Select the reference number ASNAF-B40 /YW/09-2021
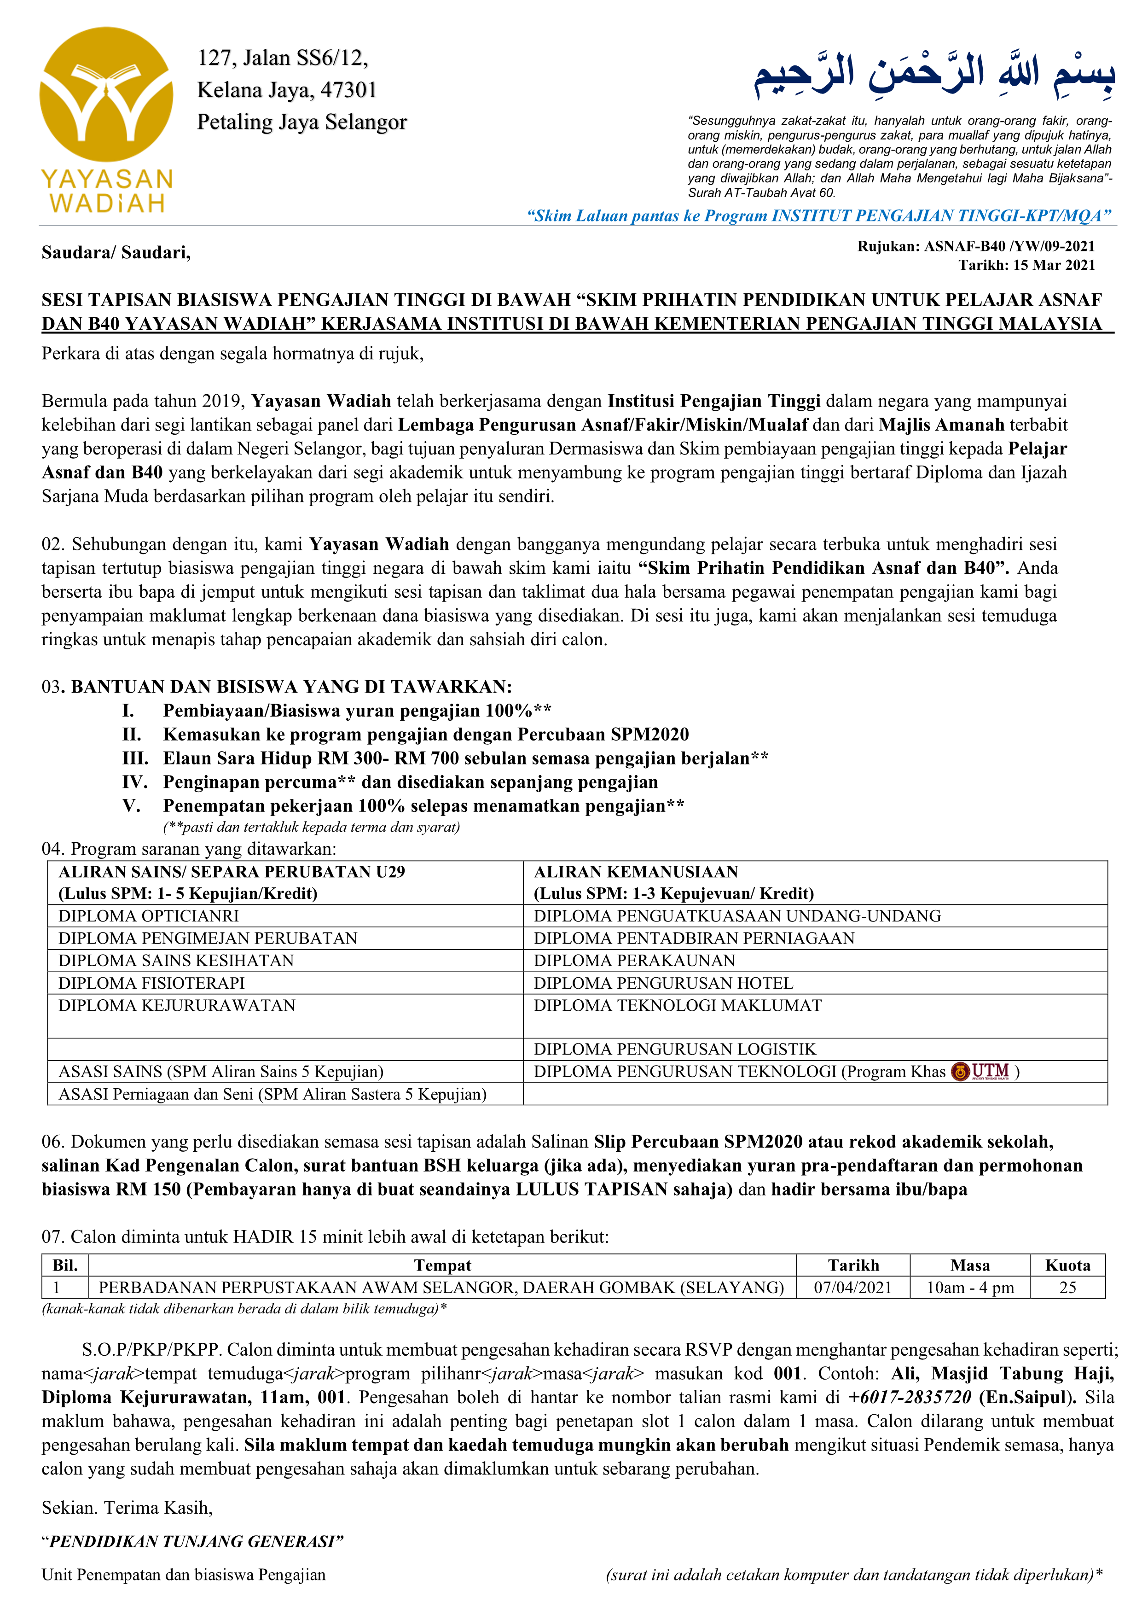pos(1009,246)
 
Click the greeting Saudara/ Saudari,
pos(116,252)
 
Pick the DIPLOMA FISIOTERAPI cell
pos(151,983)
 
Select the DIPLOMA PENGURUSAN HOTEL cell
pos(663,983)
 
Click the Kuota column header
pos(1067,1265)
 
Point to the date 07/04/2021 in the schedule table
pos(852,1288)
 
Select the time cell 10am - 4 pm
pos(970,1288)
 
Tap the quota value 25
pos(1067,1288)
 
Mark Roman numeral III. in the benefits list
pos(135,758)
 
